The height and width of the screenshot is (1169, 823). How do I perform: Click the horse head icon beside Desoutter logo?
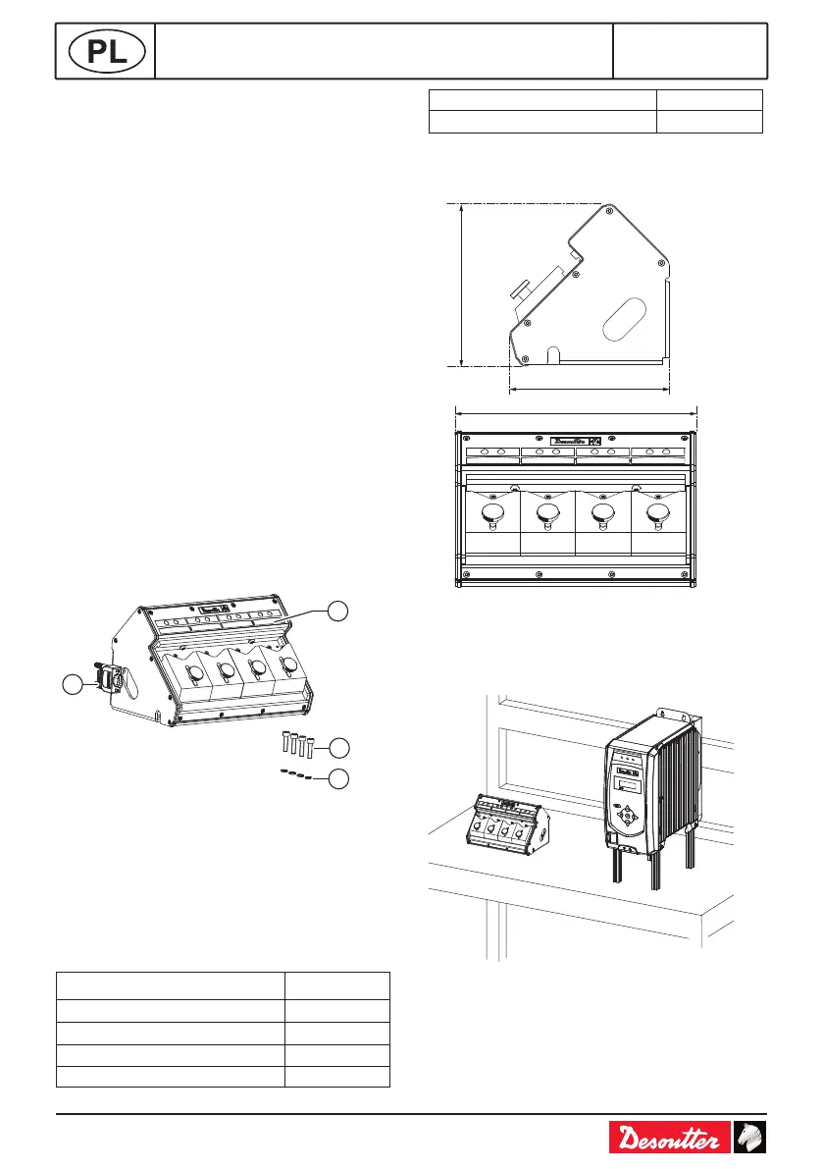[x=750, y=1139]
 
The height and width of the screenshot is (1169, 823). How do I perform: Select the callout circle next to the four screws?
[x=338, y=748]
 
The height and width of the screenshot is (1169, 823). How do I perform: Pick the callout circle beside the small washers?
[x=338, y=780]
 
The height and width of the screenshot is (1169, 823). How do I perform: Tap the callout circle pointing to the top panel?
[x=338, y=610]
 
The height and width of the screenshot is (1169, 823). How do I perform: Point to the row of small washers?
[x=295, y=774]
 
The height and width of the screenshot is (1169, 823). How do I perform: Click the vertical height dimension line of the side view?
[x=460, y=285]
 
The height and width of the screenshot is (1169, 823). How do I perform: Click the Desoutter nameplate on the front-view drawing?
[x=577, y=442]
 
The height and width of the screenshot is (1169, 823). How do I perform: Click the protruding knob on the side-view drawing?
[x=523, y=290]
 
